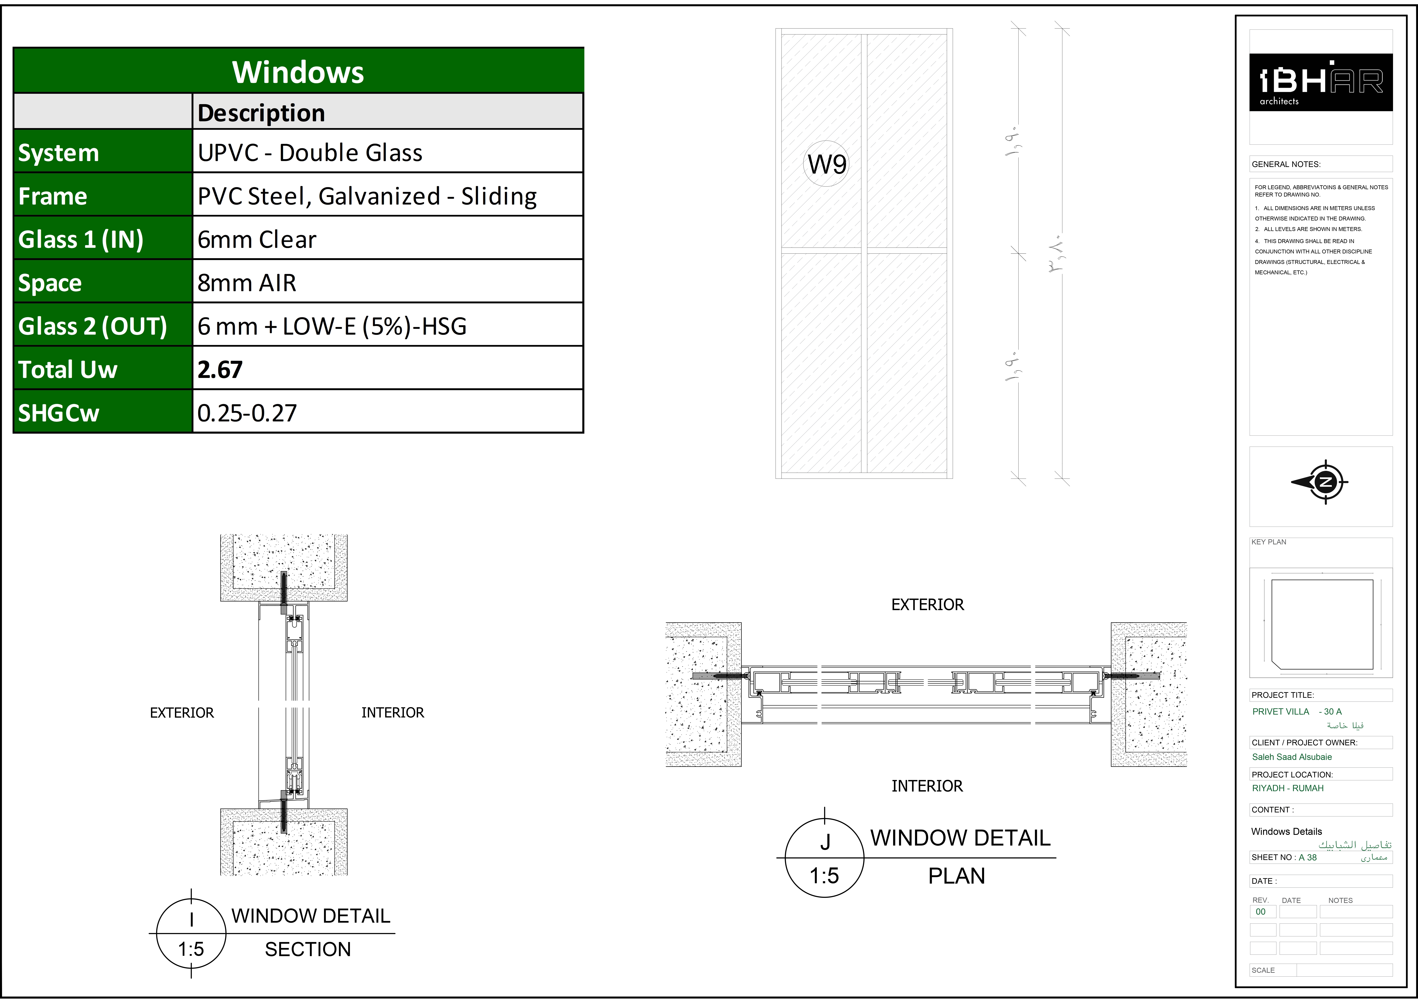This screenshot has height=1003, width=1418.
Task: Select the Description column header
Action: pyautogui.click(x=261, y=113)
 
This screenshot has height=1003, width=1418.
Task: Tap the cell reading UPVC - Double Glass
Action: pyautogui.click(x=310, y=153)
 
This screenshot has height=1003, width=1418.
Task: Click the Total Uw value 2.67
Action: pyautogui.click(x=220, y=369)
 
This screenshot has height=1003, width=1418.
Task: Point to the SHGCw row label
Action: pyautogui.click(x=59, y=413)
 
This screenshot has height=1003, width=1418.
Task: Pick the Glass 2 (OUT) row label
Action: pyautogui.click(x=93, y=326)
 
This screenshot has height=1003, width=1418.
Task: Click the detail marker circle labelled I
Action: pyautogui.click(x=191, y=933)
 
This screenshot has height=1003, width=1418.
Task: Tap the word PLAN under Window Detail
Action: pyautogui.click(x=957, y=876)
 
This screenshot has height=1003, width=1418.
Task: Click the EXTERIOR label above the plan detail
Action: pyautogui.click(x=928, y=605)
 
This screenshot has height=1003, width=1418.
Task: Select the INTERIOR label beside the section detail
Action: pyautogui.click(x=393, y=713)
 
